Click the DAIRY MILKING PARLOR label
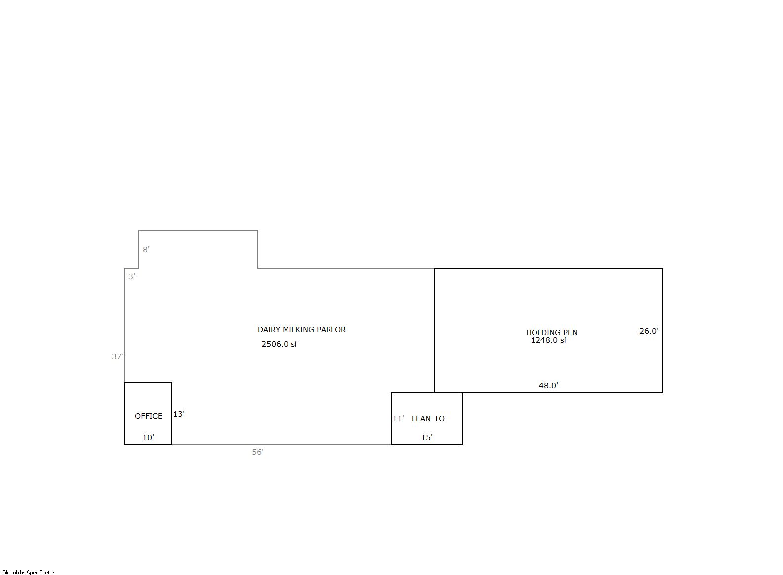coord(302,329)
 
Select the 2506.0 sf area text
coord(279,344)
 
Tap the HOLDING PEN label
coord(552,333)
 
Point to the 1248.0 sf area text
coord(548,340)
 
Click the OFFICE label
coord(148,416)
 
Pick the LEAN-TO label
coord(428,419)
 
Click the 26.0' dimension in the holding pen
coord(649,331)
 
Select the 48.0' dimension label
coord(548,386)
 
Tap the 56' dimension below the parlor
coord(258,452)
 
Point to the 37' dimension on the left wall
coord(118,357)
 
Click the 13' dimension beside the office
coord(179,414)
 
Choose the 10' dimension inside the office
coord(148,437)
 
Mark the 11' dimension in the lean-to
coord(398,419)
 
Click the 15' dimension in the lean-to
coord(427,437)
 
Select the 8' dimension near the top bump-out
coord(146,249)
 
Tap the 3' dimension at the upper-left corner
coord(132,277)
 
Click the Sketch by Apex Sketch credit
coord(29,572)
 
